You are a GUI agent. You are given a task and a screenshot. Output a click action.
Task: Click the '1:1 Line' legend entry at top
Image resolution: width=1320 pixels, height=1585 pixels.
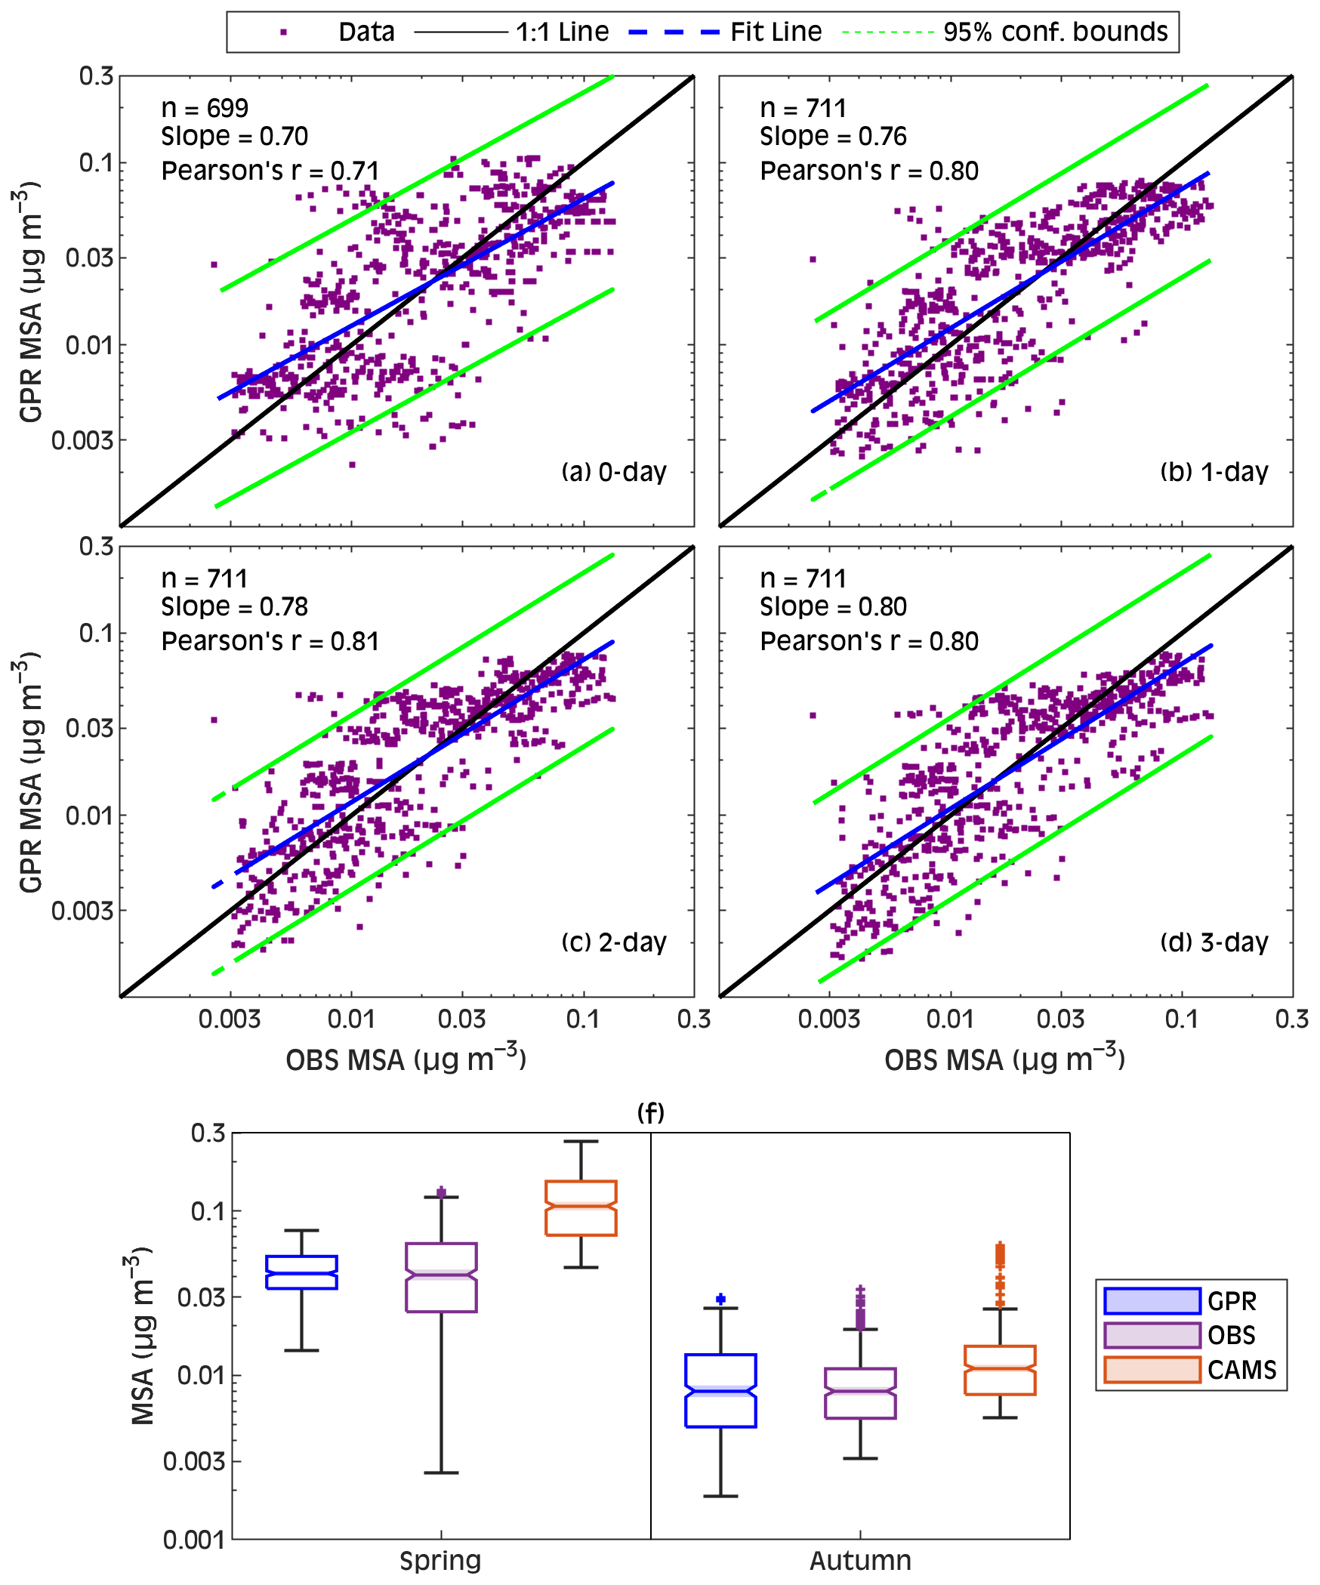point(562,32)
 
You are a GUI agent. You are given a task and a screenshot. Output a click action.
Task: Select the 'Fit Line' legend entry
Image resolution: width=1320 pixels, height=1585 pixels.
point(776,32)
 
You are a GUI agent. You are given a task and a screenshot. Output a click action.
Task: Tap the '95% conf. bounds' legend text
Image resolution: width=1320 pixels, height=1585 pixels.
point(1055,32)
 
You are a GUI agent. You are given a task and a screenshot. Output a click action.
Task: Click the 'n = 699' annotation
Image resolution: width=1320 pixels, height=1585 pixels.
point(205,109)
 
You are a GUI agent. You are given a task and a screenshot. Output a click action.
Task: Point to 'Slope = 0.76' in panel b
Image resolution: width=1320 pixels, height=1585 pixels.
point(833,137)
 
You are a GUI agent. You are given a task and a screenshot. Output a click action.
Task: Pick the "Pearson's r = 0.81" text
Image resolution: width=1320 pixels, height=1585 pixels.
point(270,641)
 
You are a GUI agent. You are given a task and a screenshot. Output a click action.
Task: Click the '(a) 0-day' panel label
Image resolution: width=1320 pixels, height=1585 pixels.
point(614,472)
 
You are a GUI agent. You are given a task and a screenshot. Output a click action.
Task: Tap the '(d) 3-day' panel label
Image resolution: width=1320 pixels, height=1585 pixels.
point(1214,942)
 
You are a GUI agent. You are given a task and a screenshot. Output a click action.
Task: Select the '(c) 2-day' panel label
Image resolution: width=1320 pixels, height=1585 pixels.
point(614,942)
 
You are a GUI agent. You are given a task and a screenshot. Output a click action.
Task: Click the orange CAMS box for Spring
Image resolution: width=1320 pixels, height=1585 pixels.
point(581,1208)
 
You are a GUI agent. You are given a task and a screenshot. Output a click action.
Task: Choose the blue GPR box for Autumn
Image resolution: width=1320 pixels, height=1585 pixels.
point(720,1390)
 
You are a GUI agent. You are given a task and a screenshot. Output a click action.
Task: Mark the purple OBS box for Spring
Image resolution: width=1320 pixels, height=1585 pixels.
point(441,1278)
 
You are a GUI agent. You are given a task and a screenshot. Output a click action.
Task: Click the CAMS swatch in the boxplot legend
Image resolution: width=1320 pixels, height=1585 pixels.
point(1152,1370)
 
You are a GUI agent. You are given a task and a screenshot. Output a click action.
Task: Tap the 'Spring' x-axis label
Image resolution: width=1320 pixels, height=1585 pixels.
point(440,1560)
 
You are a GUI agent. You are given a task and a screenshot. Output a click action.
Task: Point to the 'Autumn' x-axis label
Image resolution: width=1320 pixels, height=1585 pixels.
point(860,1560)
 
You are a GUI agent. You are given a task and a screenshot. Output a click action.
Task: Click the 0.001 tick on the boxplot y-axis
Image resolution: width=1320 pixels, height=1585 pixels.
point(194,1540)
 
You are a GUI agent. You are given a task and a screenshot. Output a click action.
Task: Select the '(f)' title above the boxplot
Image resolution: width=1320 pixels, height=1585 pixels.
point(650,1112)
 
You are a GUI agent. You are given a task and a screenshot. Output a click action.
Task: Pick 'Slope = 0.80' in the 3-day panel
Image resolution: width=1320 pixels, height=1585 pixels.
point(833,607)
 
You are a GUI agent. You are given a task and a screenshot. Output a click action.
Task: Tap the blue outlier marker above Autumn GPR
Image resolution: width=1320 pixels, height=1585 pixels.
point(720,1299)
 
